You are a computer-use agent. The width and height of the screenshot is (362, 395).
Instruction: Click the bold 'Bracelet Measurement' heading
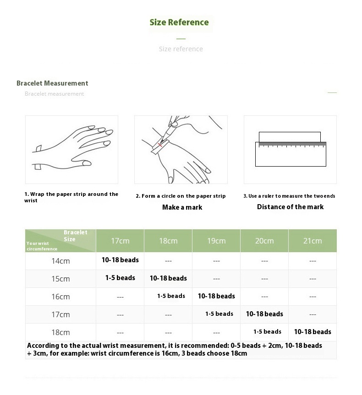click(x=52, y=83)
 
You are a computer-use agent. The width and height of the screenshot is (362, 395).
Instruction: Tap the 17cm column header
click(x=120, y=241)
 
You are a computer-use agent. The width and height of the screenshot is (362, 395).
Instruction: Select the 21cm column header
click(x=313, y=241)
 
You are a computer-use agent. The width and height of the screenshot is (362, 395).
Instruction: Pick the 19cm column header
click(x=216, y=241)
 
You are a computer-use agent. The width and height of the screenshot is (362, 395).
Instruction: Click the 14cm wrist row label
click(x=60, y=261)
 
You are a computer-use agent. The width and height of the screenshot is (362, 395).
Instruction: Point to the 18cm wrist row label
click(x=60, y=333)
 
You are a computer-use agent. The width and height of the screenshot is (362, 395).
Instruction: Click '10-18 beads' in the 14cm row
click(x=120, y=260)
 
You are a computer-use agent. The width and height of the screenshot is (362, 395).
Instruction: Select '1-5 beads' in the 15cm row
click(x=120, y=278)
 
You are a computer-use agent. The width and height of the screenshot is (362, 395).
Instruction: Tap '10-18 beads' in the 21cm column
click(x=313, y=332)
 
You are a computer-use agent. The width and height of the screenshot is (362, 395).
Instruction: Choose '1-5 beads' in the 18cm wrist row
click(x=267, y=332)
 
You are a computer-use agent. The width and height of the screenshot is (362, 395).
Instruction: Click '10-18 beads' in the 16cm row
click(x=216, y=296)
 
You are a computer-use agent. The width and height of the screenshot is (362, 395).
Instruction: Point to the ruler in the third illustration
click(x=291, y=154)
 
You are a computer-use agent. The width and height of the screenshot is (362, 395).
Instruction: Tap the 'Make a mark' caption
click(x=182, y=207)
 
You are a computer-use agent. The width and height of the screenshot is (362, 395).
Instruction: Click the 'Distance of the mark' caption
click(x=290, y=207)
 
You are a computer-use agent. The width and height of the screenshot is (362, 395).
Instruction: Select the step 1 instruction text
click(x=71, y=197)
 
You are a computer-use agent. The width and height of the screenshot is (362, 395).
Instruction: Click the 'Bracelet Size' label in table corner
click(x=75, y=236)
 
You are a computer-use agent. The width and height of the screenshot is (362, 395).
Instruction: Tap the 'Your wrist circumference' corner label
click(x=42, y=246)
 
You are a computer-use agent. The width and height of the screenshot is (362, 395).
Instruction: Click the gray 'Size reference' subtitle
click(x=181, y=49)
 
